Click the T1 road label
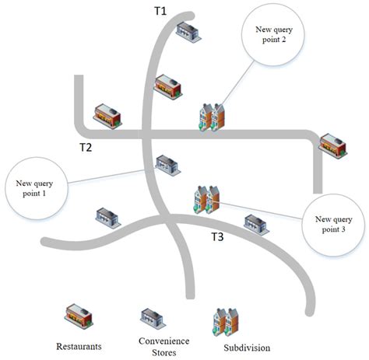(x=160, y=12)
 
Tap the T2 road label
(x=86, y=147)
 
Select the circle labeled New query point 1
(x=33, y=188)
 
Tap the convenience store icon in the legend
(x=150, y=317)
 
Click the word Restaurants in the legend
(x=79, y=344)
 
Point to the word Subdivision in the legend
(x=246, y=347)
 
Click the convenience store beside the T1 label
(x=188, y=31)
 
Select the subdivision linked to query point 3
(x=205, y=198)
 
